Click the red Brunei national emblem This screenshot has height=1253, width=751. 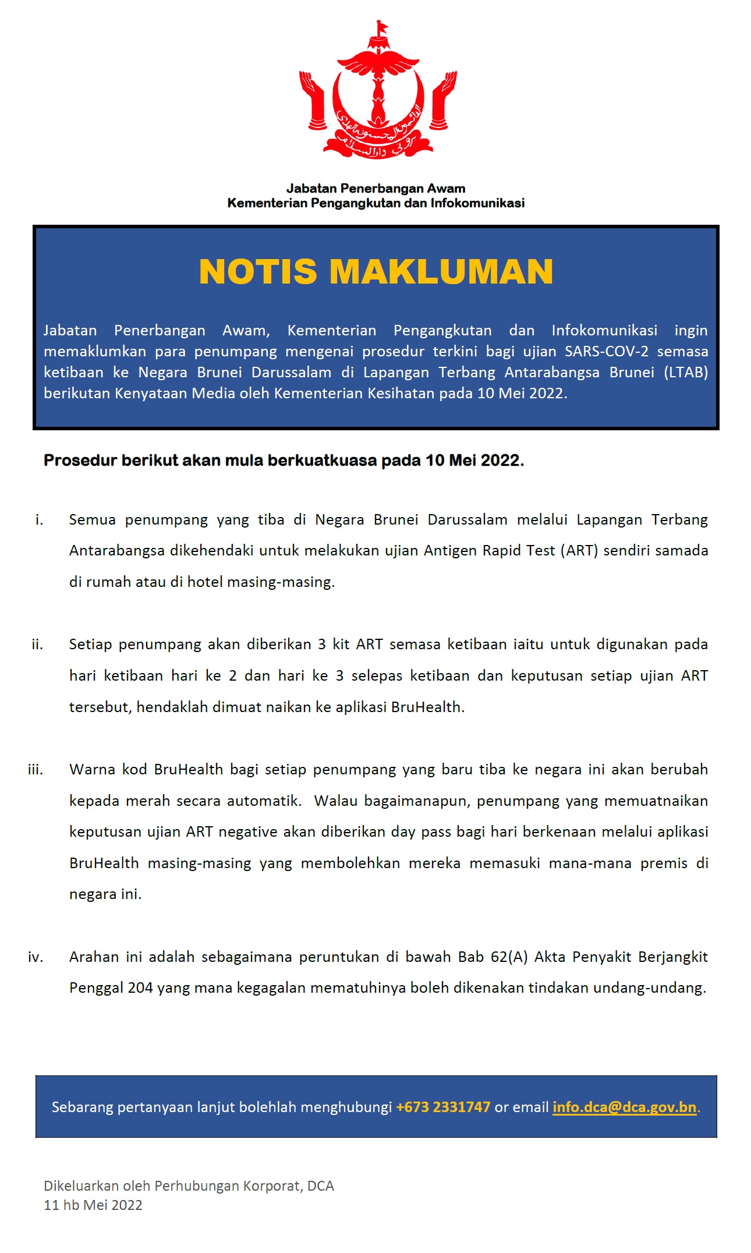[x=377, y=93]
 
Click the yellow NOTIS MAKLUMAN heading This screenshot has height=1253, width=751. [x=375, y=272]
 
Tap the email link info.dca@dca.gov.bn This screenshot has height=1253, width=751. [x=624, y=1107]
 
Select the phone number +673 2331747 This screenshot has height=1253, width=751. [x=443, y=1107]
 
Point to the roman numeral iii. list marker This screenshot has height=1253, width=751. [x=36, y=770]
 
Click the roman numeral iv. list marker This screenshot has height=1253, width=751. [x=36, y=957]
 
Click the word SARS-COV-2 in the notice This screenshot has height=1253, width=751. [x=606, y=351]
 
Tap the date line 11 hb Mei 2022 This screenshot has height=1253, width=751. [x=93, y=1205]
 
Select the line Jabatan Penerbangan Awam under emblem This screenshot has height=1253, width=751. [x=375, y=188]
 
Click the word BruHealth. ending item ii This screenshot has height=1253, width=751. [x=428, y=707]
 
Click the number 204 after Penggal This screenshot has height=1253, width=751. [x=140, y=988]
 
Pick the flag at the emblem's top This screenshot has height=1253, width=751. [x=381, y=27]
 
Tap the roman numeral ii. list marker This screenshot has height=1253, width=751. [x=37, y=645]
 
